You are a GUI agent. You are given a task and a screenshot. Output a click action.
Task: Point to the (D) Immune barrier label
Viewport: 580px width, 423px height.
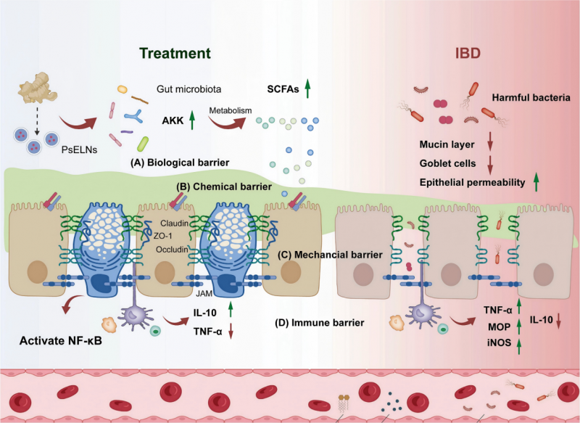(318, 320)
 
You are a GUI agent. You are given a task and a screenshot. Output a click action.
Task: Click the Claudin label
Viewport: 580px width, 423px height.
(174, 223)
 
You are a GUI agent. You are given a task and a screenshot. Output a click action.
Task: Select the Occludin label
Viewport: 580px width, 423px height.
(172, 249)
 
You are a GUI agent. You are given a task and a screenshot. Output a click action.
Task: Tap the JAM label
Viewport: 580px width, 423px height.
(202, 296)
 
